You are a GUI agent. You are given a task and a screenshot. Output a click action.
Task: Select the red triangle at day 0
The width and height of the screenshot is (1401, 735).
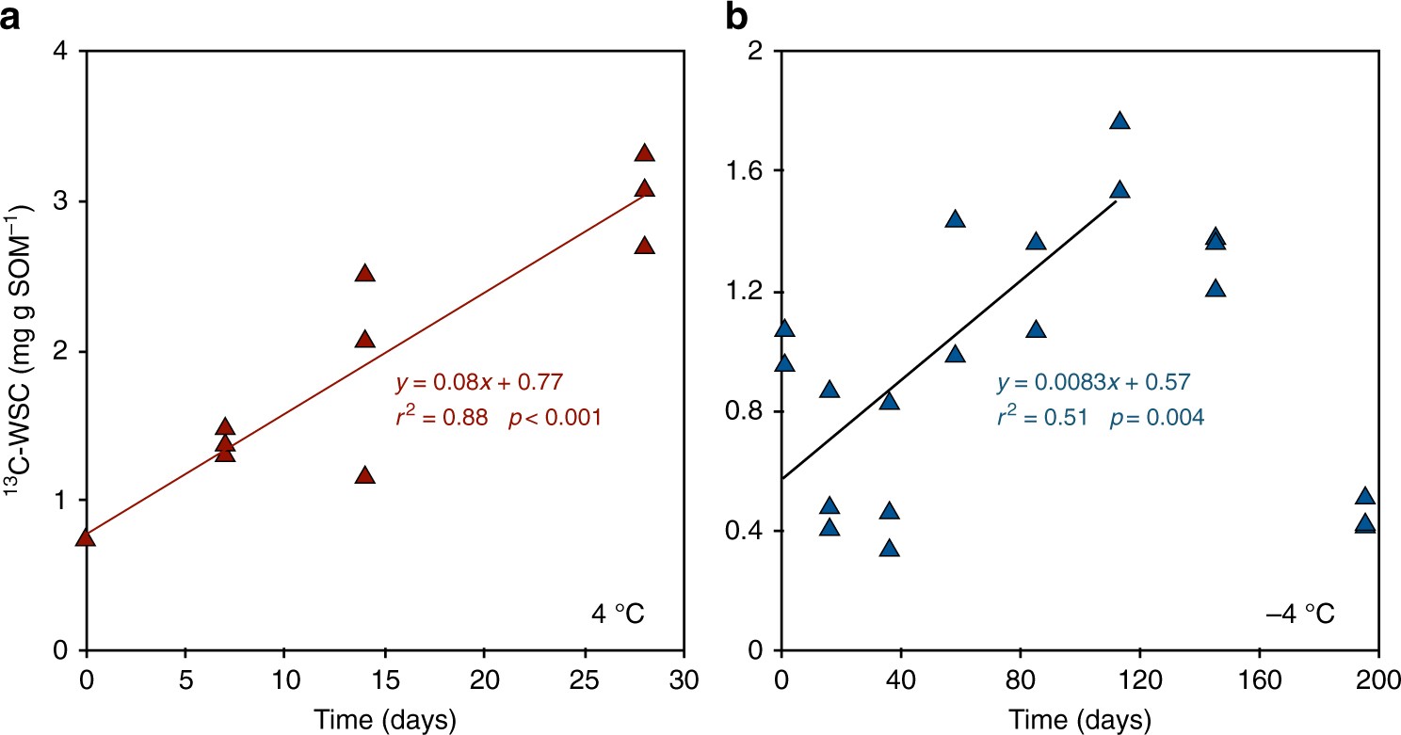coord(86,536)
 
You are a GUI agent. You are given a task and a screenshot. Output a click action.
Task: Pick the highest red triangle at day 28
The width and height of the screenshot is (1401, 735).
coord(644,153)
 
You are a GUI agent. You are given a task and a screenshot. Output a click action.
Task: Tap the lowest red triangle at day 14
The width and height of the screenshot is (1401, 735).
coord(365,476)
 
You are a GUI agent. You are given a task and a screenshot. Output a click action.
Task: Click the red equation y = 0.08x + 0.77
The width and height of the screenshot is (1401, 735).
coord(479,382)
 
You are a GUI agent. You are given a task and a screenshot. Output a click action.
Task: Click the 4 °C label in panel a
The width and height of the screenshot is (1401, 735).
coord(617,616)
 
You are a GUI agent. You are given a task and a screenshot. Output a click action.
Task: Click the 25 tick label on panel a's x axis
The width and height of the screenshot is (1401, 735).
coord(585,679)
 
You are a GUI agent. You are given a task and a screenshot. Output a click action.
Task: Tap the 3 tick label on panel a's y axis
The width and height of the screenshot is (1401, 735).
coord(61,201)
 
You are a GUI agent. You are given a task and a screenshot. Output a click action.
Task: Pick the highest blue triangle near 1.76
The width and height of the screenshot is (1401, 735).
coord(1119,120)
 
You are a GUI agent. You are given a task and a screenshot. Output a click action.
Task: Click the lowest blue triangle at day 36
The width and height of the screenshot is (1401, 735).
coord(889,549)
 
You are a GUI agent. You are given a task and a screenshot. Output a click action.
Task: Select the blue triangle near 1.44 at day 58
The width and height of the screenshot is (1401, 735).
coord(955,219)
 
